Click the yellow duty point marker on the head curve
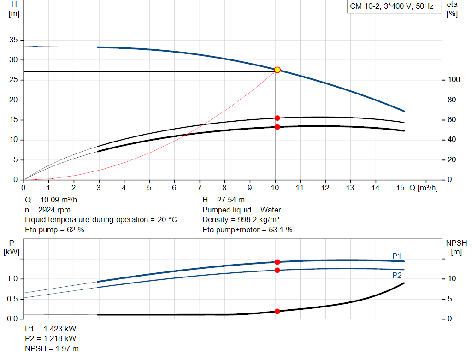point(277,70)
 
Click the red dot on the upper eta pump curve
point(277,118)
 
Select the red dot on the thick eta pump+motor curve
point(277,127)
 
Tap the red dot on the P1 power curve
point(277,262)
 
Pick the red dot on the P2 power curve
point(277,270)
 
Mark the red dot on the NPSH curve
point(277,311)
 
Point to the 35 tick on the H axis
point(13,40)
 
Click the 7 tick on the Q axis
point(200,188)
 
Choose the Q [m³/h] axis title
point(423,188)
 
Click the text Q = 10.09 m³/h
point(52,200)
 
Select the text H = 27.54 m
point(224,200)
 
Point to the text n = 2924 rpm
point(47,210)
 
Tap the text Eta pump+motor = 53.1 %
point(247,229)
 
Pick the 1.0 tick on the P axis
point(13,279)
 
